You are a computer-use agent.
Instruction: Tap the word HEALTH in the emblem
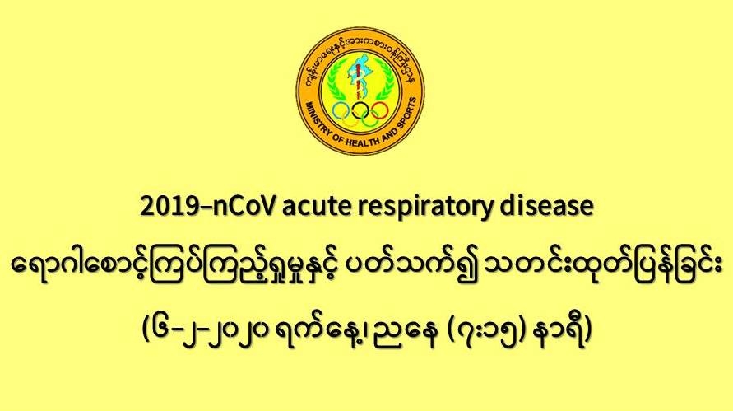point(361,142)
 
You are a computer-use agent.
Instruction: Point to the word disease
point(546,206)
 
